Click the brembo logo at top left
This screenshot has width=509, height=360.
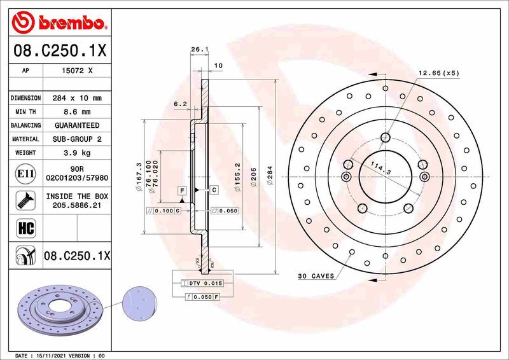click(x=57, y=24)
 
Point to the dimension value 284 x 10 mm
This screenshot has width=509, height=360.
click(x=77, y=99)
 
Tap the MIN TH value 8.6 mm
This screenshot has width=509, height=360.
click(x=77, y=112)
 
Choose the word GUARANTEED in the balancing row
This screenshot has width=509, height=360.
click(x=77, y=125)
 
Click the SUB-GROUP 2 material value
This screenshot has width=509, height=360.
click(x=77, y=139)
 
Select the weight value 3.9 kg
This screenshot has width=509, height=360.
click(x=77, y=153)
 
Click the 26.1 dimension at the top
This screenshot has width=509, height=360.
click(x=200, y=49)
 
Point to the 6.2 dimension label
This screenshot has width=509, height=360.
click(x=180, y=104)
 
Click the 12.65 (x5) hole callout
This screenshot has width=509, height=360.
click(x=438, y=73)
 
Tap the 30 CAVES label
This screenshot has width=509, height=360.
click(x=316, y=276)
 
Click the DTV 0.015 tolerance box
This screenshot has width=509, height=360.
click(x=202, y=282)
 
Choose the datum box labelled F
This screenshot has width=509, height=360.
click(x=182, y=191)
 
